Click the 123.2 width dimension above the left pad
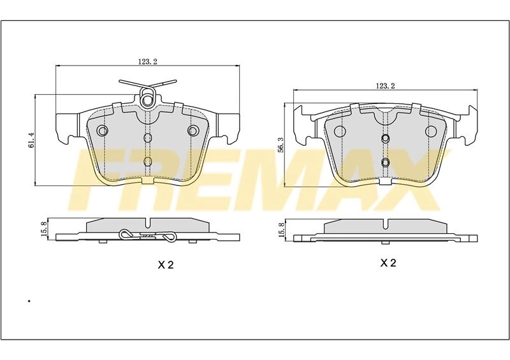[x=148, y=62]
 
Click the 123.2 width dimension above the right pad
[x=385, y=86]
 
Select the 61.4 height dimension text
[x=31, y=140]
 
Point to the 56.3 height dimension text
[x=282, y=145]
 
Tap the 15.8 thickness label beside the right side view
[x=282, y=229]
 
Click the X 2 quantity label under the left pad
[x=166, y=264]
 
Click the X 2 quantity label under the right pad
[x=388, y=263]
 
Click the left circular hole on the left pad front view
[x=103, y=131]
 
